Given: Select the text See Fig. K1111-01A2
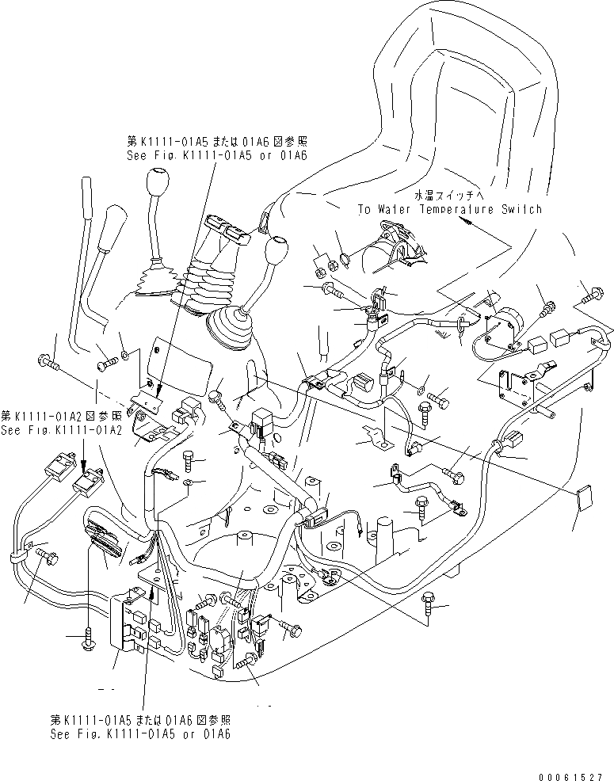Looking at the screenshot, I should click(62, 430).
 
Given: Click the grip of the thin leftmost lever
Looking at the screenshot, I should click(88, 196).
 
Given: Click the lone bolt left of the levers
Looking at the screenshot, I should click(48, 364).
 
